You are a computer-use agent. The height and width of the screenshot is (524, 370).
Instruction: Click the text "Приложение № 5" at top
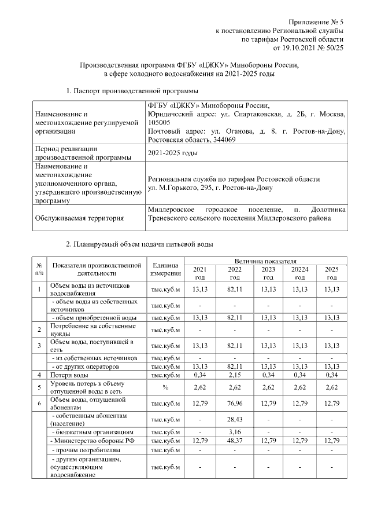click(x=315, y=21)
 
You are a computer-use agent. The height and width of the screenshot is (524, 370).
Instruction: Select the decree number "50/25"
click(x=334, y=48)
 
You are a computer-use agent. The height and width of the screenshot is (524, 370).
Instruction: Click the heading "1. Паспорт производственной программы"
click(x=132, y=91)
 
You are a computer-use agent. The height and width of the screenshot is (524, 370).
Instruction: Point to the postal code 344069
click(x=222, y=140)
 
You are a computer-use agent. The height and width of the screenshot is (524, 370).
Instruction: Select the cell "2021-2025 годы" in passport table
click(x=172, y=153)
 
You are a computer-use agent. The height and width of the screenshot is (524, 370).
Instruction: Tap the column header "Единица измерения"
click(x=165, y=269)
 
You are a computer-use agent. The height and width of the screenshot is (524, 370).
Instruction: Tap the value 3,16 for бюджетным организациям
click(x=235, y=432)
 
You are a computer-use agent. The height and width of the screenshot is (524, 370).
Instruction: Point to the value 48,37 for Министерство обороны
click(x=235, y=441)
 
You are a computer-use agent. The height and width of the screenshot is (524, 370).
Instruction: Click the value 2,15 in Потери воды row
click(x=235, y=376)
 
